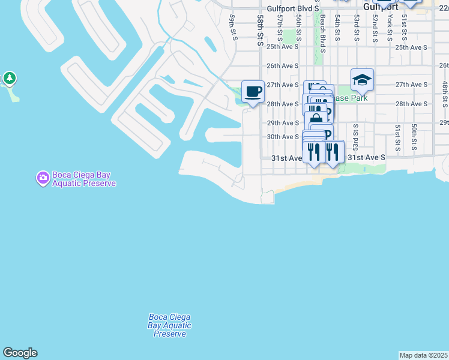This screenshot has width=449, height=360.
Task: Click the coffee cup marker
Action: pyautogui.click(x=253, y=92)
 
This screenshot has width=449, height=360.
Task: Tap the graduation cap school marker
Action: pyautogui.click(x=362, y=80)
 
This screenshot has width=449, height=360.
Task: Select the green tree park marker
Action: pyautogui.click(x=9, y=78)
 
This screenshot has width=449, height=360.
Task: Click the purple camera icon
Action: pyautogui.click(x=43, y=178)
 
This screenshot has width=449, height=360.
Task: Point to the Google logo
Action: pyautogui.click(x=20, y=353)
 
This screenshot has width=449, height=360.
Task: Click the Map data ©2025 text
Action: pyautogui.click(x=424, y=355)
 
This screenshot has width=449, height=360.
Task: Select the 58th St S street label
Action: pyautogui.click(x=261, y=31)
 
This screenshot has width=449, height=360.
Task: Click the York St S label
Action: pyautogui.click(x=390, y=27)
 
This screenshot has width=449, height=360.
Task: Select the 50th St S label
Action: pyautogui.click(x=414, y=137)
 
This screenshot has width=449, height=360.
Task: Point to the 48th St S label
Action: pyautogui.click(x=445, y=94)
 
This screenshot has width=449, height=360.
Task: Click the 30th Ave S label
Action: pyautogui.click(x=283, y=137)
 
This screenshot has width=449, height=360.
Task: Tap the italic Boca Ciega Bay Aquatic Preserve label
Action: pyautogui.click(x=169, y=325)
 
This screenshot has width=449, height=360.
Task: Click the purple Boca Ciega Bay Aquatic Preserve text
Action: pyautogui.click(x=83, y=179)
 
